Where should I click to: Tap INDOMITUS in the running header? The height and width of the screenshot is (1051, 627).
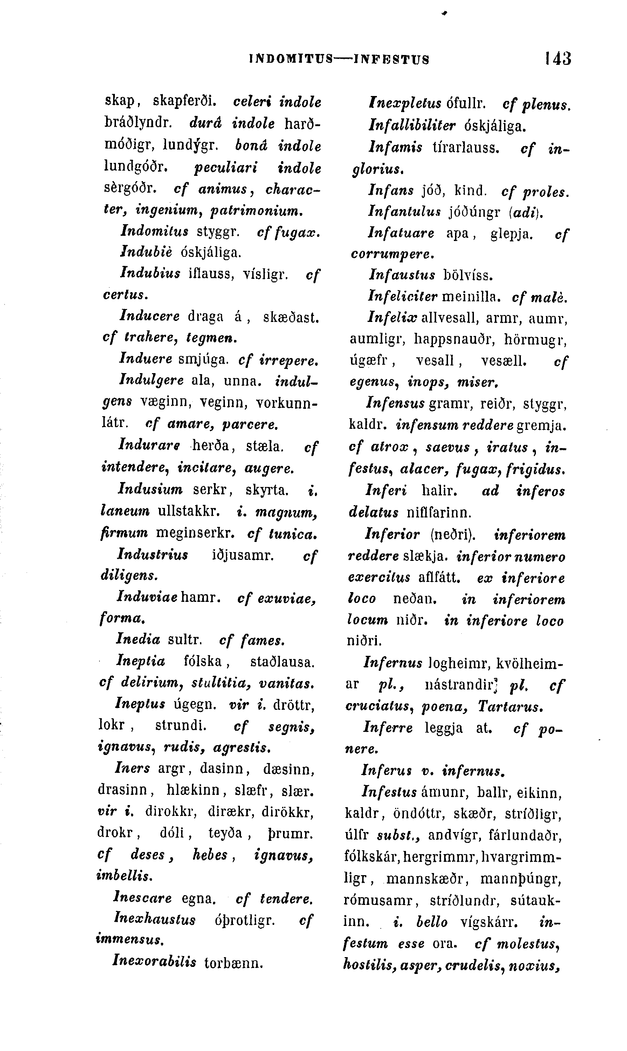291,60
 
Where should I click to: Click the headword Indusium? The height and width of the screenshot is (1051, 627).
150,489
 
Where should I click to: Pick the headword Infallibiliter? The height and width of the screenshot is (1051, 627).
412,125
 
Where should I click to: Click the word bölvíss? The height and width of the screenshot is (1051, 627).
468,275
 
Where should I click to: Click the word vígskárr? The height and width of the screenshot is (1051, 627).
489,921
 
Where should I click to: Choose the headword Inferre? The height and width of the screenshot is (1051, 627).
388,728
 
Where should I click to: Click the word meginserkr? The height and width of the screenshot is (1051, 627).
195,533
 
